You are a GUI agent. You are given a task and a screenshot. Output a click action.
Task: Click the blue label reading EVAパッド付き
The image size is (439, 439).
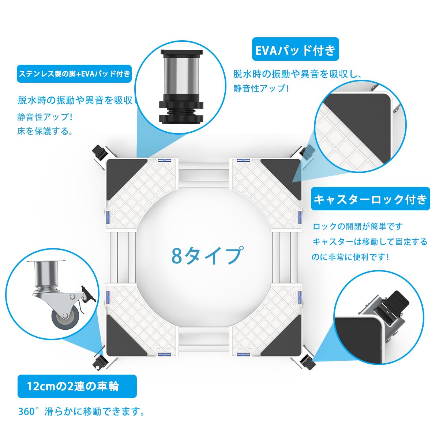pyautogui.click(x=295, y=49)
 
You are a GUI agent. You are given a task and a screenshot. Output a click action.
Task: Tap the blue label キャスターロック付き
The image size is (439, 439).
pyautogui.click(x=370, y=199)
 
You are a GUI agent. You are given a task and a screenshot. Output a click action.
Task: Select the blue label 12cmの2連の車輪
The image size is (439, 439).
pyautogui.click(x=77, y=386)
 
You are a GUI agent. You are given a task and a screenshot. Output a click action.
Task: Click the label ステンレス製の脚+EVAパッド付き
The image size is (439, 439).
pyautogui.click(x=74, y=74)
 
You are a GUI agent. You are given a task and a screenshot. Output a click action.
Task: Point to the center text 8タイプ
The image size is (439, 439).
pyautogui.click(x=207, y=255)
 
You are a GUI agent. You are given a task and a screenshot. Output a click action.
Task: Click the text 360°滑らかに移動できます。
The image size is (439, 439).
pyautogui.click(x=81, y=412)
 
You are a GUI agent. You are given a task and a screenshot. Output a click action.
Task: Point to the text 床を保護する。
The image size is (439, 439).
pyautogui.click(x=45, y=131)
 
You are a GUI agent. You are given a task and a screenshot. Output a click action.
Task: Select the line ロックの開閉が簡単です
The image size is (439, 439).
pyautogui.click(x=357, y=226)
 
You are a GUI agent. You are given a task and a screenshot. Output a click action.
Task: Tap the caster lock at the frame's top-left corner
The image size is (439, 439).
pyautogui.click(x=98, y=151)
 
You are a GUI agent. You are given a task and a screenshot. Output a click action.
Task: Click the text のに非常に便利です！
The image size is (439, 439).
pyautogui.click(x=350, y=257)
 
